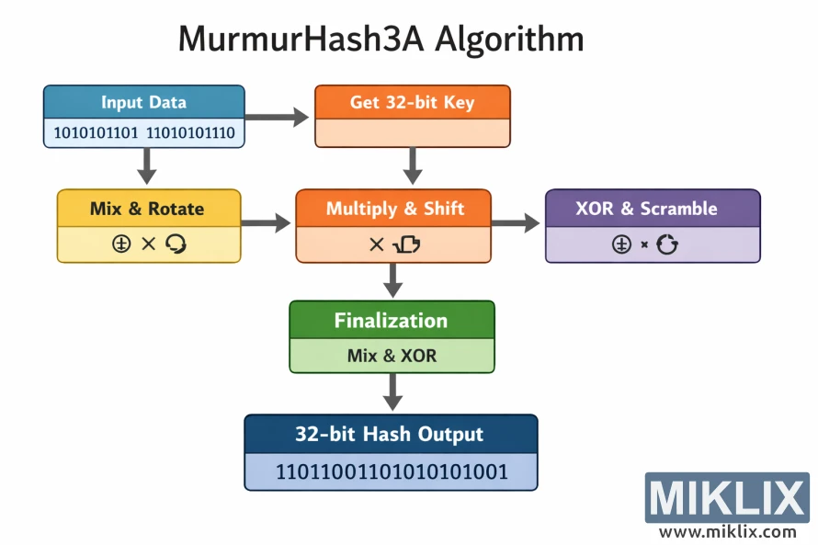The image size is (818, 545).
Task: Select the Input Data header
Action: click(x=143, y=102)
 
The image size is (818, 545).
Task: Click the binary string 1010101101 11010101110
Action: click(x=144, y=133)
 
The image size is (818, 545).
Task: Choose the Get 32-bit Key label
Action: click(x=412, y=102)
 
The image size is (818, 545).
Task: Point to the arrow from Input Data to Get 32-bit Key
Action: click(x=278, y=117)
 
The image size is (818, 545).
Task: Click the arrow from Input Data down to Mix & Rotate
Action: click(x=144, y=166)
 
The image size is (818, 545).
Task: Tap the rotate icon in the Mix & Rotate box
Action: click(x=176, y=244)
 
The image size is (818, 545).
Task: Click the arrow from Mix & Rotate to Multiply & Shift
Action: click(x=267, y=222)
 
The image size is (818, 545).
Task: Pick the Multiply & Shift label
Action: click(x=393, y=209)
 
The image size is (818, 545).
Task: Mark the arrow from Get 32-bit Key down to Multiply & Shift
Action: click(x=413, y=166)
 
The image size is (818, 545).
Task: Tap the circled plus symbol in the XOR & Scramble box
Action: click(x=621, y=244)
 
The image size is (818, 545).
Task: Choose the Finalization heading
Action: click(x=391, y=321)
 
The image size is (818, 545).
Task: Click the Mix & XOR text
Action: click(x=392, y=356)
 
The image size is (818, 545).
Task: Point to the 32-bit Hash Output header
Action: click(x=389, y=434)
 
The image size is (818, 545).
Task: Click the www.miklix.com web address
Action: click(x=727, y=531)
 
